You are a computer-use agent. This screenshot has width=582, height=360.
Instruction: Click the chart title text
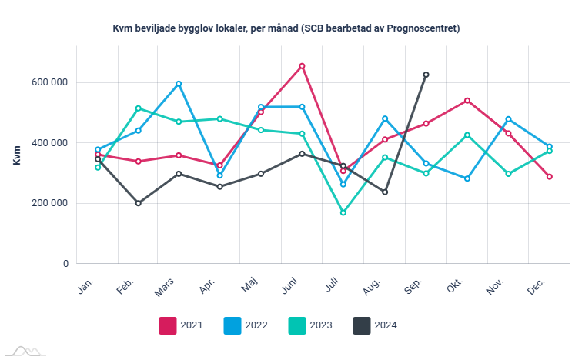286,28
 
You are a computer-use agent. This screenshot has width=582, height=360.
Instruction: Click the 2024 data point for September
426,75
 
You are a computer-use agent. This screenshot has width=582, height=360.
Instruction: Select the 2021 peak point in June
302,66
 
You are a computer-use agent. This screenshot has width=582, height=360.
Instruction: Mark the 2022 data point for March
179,84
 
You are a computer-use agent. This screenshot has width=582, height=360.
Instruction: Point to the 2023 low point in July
343,212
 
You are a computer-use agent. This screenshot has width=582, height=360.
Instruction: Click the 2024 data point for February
139,203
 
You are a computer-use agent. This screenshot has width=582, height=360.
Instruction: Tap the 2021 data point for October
467,101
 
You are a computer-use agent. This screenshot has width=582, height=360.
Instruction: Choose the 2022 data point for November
508,119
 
